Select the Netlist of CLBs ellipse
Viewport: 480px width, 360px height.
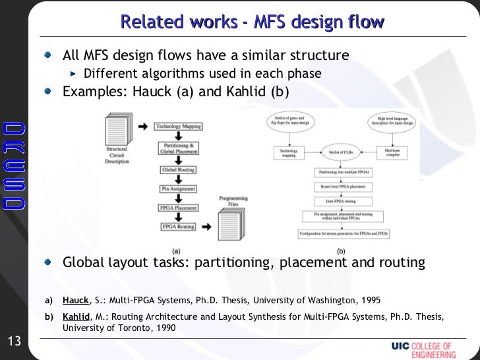[x=339, y=153]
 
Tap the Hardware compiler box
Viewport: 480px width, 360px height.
[x=394, y=153]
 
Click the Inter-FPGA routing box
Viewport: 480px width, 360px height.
[x=338, y=198]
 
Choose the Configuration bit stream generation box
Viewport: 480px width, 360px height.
[x=339, y=233]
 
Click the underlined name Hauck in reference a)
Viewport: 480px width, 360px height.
[x=75, y=299]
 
